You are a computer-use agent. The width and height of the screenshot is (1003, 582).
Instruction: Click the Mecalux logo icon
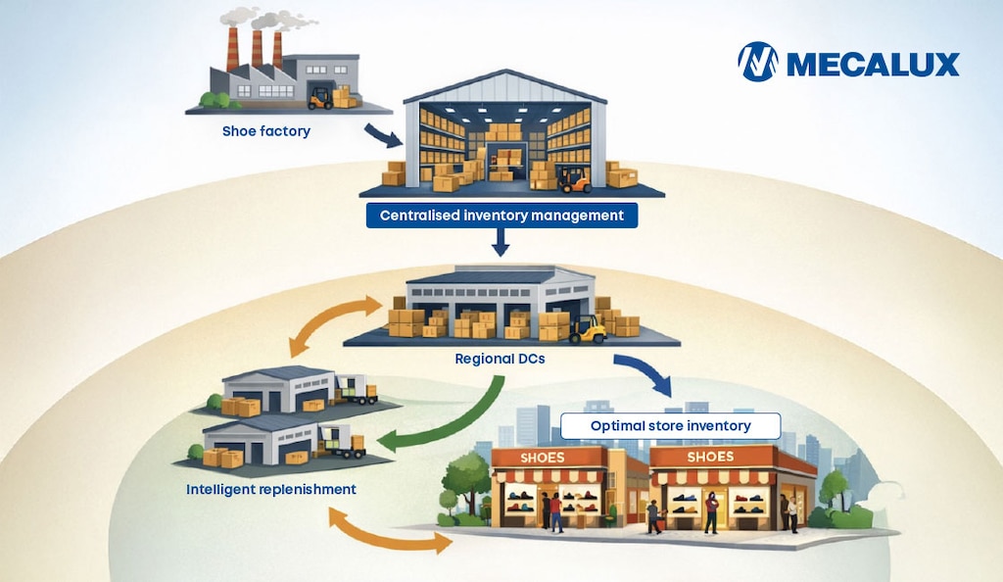point(758,62)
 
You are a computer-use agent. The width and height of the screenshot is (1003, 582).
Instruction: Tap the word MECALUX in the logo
point(873,64)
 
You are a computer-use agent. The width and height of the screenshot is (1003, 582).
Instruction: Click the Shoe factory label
point(266,131)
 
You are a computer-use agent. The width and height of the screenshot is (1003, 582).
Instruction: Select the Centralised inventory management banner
point(501,216)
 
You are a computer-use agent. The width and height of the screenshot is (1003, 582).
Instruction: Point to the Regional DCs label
point(500,359)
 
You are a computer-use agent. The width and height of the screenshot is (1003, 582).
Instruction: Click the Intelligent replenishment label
point(271,489)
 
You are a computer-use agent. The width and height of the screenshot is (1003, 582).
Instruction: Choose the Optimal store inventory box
point(670,426)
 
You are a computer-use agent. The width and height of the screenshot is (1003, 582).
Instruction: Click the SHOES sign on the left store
point(543,458)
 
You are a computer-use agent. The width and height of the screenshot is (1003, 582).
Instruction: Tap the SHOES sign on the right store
point(710,457)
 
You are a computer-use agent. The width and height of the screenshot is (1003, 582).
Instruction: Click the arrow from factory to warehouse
point(383,135)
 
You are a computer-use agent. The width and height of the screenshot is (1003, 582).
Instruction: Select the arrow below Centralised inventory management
point(501,242)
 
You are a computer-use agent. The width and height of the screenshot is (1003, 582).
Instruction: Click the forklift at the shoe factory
point(320,99)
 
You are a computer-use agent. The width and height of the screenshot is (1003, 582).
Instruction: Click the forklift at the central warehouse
point(574,179)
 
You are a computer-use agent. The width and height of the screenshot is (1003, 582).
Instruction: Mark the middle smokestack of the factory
point(258,49)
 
